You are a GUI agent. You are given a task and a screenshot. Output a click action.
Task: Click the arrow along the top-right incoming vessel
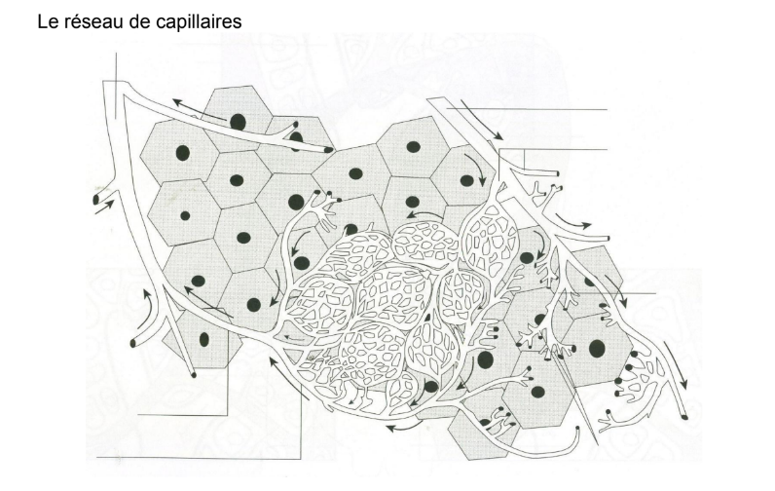tap(482, 118)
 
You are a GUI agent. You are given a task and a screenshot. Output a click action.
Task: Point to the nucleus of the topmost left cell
tap(238, 121)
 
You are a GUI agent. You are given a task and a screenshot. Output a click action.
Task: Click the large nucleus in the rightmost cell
tap(597, 348)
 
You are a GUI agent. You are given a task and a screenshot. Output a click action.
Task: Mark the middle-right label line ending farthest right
tap(623, 292)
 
